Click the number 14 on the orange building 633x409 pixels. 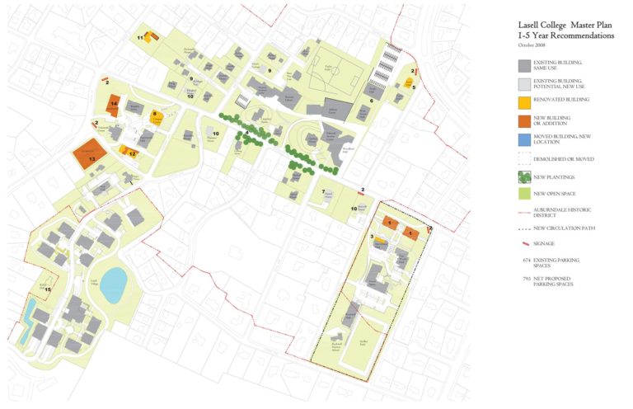tap(115, 103)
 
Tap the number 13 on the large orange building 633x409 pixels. tap(92, 158)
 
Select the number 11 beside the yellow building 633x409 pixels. tap(140, 37)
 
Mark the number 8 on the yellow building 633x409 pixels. tap(154, 115)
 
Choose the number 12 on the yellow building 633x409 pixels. tap(132, 154)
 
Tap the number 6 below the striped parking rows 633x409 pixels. tap(371, 101)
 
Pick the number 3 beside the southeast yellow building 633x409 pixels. tap(372, 237)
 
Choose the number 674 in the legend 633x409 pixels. tap(525, 260)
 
